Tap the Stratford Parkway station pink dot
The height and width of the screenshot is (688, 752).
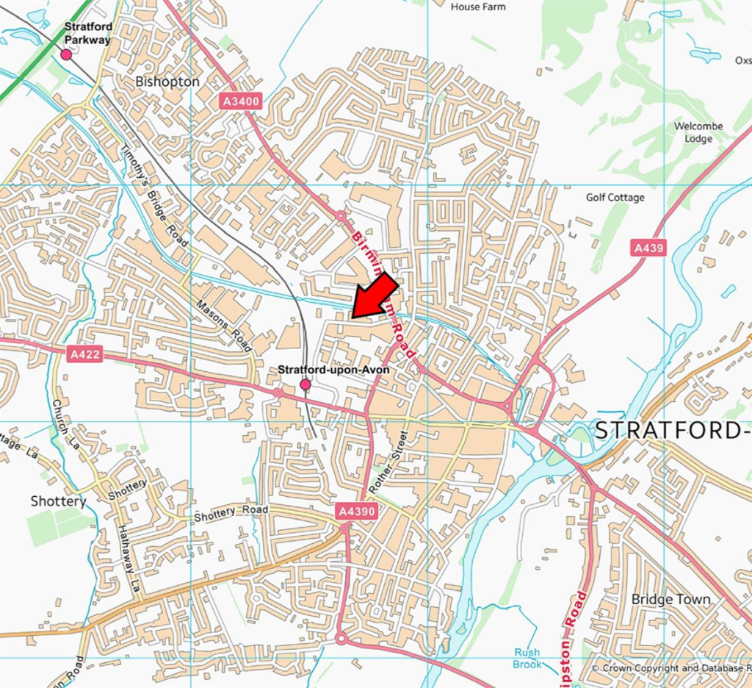pos(66,54)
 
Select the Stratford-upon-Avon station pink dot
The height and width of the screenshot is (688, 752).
pos(305,384)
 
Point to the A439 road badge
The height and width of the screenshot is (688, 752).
pos(648,248)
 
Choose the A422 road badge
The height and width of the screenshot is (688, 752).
pos(84,355)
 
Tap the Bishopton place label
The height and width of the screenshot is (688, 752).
pos(167,82)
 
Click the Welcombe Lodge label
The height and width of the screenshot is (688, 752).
pos(698,132)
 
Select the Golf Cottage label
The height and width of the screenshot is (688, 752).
pos(615,198)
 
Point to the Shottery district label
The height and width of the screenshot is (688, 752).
pos(58,501)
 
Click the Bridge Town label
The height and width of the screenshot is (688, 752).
pos(670,599)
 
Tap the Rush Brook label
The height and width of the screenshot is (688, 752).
pos(527,658)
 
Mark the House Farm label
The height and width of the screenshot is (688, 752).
pos(477,7)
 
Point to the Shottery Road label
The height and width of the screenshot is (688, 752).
pos(231,513)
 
